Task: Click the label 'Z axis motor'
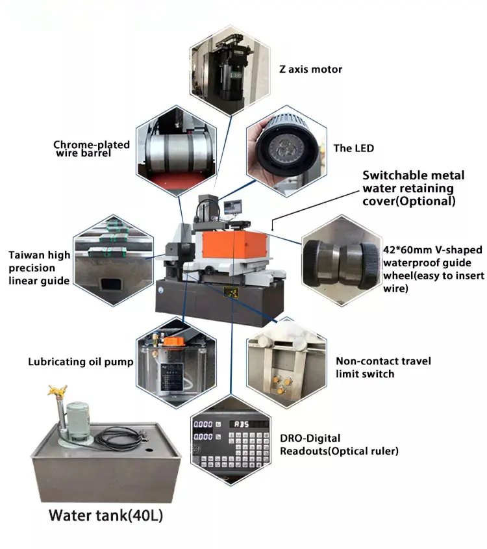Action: coord(310,69)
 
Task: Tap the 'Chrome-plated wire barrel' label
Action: coord(92,149)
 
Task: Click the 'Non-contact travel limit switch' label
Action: coord(382,367)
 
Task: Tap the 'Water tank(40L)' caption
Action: coord(106,517)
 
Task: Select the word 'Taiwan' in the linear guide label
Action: coord(25,255)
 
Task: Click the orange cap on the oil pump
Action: coord(171,341)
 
